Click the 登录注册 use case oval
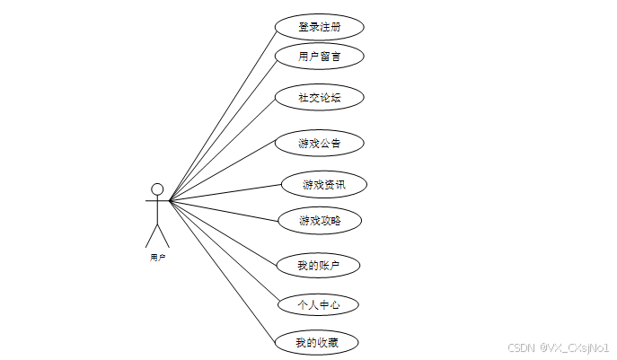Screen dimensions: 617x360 319,27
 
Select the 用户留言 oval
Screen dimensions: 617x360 319,57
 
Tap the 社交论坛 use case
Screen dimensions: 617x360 319,97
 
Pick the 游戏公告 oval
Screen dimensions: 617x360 319,143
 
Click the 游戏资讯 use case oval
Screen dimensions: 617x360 323,185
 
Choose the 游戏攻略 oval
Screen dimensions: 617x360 320,220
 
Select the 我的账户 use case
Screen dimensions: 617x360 319,266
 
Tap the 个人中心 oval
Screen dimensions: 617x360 319,305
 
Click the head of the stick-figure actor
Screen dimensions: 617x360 157,189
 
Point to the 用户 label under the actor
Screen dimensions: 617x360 157,257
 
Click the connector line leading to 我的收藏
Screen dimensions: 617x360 220,269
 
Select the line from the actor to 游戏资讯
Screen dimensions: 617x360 225,193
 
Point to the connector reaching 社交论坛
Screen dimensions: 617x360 222,149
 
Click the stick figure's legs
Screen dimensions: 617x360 157,235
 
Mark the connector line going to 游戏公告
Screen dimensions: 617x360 222,171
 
